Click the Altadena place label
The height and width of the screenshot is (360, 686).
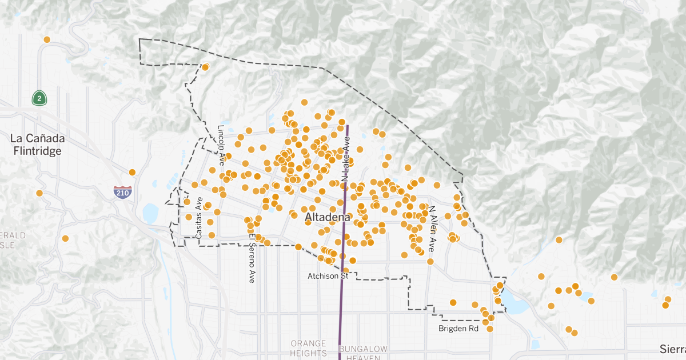(x=328, y=217)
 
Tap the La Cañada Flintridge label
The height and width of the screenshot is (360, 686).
(x=38, y=145)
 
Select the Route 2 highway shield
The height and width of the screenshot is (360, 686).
(x=39, y=98)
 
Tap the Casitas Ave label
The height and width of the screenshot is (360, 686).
(x=198, y=218)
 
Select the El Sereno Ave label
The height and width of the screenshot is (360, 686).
(x=251, y=257)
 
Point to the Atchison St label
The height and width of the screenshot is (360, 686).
(x=328, y=276)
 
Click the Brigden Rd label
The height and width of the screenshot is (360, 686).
(x=458, y=329)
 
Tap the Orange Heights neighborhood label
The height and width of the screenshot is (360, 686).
(x=308, y=348)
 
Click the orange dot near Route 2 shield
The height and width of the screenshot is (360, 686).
(x=47, y=39)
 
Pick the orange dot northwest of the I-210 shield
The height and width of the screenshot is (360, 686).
(x=132, y=172)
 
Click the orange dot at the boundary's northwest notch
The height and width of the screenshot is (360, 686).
(x=205, y=67)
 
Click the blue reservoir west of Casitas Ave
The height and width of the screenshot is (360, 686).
(x=150, y=214)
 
